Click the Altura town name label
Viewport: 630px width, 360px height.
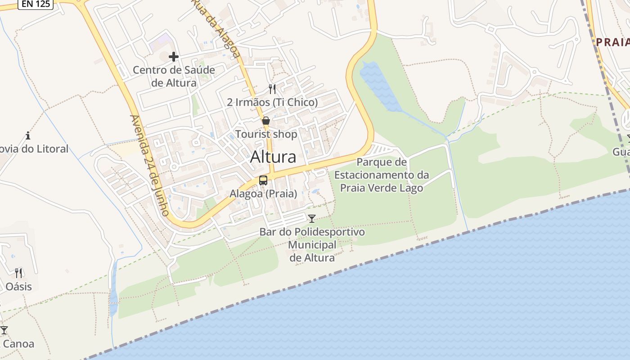[x=273, y=157]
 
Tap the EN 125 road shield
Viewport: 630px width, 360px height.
[x=36, y=4]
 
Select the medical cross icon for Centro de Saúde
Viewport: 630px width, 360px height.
[x=174, y=57]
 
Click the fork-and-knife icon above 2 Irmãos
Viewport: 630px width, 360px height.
[x=272, y=89]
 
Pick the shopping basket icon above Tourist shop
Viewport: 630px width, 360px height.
[x=266, y=121]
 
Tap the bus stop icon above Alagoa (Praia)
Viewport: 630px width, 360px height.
[x=263, y=180]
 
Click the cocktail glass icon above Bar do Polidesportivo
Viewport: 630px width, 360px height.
[x=311, y=219]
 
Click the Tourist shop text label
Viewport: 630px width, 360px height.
[x=266, y=134]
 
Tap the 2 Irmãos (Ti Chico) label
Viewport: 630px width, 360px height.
[x=272, y=102]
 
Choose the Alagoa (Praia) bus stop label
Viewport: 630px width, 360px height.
[x=263, y=194]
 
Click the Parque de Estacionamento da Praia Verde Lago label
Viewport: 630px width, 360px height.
[x=382, y=175]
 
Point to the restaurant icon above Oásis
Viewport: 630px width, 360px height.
[x=18, y=273]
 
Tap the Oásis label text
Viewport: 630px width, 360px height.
[x=18, y=286]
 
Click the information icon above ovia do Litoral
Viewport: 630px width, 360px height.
[x=28, y=135]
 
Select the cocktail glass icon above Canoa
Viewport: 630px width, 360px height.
[x=4, y=330]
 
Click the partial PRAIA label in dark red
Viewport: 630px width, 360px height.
[x=612, y=42]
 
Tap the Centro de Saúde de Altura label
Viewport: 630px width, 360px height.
[x=174, y=76]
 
